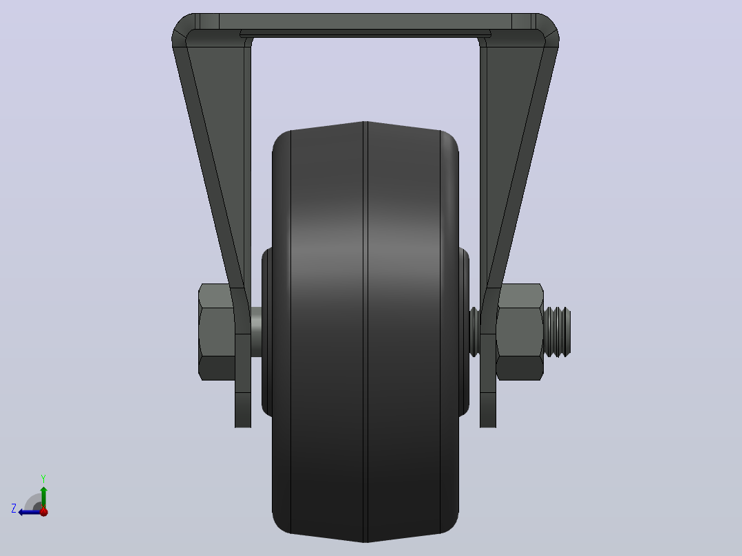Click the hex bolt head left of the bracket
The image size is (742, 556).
coord(216,332)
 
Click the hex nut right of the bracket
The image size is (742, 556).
coord(520,332)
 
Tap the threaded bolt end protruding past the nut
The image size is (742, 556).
coord(558,332)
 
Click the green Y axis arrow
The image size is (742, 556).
coord(43,497)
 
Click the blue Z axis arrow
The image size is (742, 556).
coord(30,512)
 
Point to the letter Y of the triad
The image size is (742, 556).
coord(43,478)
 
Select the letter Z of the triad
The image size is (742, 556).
coord(14,509)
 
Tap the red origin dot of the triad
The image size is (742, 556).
coord(44,512)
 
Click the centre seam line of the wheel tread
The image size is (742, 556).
coord(365,332)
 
